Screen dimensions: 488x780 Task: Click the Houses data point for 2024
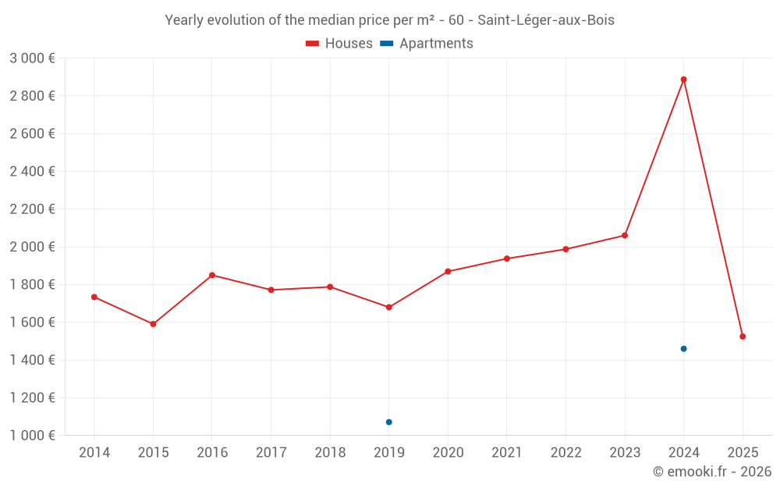[683, 80]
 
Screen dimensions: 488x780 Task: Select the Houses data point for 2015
[153, 324]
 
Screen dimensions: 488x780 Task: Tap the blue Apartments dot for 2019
[388, 422]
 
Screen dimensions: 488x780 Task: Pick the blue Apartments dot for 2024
[683, 349]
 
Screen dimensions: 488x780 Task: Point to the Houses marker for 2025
[743, 337]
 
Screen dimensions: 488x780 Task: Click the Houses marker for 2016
[212, 275]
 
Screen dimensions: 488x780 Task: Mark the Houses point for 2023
[625, 235]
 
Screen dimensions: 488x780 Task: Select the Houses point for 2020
[448, 272]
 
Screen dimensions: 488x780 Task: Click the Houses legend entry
[339, 44]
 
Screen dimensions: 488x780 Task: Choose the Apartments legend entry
[427, 44]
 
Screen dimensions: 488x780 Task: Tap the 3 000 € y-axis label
[32, 59]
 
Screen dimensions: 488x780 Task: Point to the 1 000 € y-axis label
[32, 436]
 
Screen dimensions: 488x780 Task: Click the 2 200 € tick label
[32, 209]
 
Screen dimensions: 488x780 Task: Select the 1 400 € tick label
[32, 360]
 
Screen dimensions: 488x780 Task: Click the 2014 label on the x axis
[94, 453]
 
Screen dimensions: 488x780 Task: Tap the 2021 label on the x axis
[507, 453]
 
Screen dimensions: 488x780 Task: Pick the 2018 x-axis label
[330, 453]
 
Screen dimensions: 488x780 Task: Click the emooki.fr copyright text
[712, 472]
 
